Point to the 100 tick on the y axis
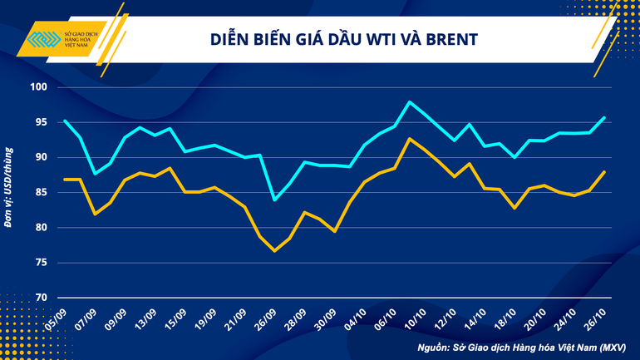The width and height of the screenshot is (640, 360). click(x=40, y=87)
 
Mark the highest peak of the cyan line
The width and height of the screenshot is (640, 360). click(x=411, y=101)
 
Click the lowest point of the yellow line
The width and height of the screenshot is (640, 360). click(x=274, y=250)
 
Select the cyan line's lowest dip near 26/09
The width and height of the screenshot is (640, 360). click(x=274, y=200)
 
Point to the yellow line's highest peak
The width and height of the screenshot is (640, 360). click(x=411, y=138)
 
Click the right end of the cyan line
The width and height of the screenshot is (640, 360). click(x=604, y=117)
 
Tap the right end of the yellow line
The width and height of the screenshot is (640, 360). click(x=604, y=171)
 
